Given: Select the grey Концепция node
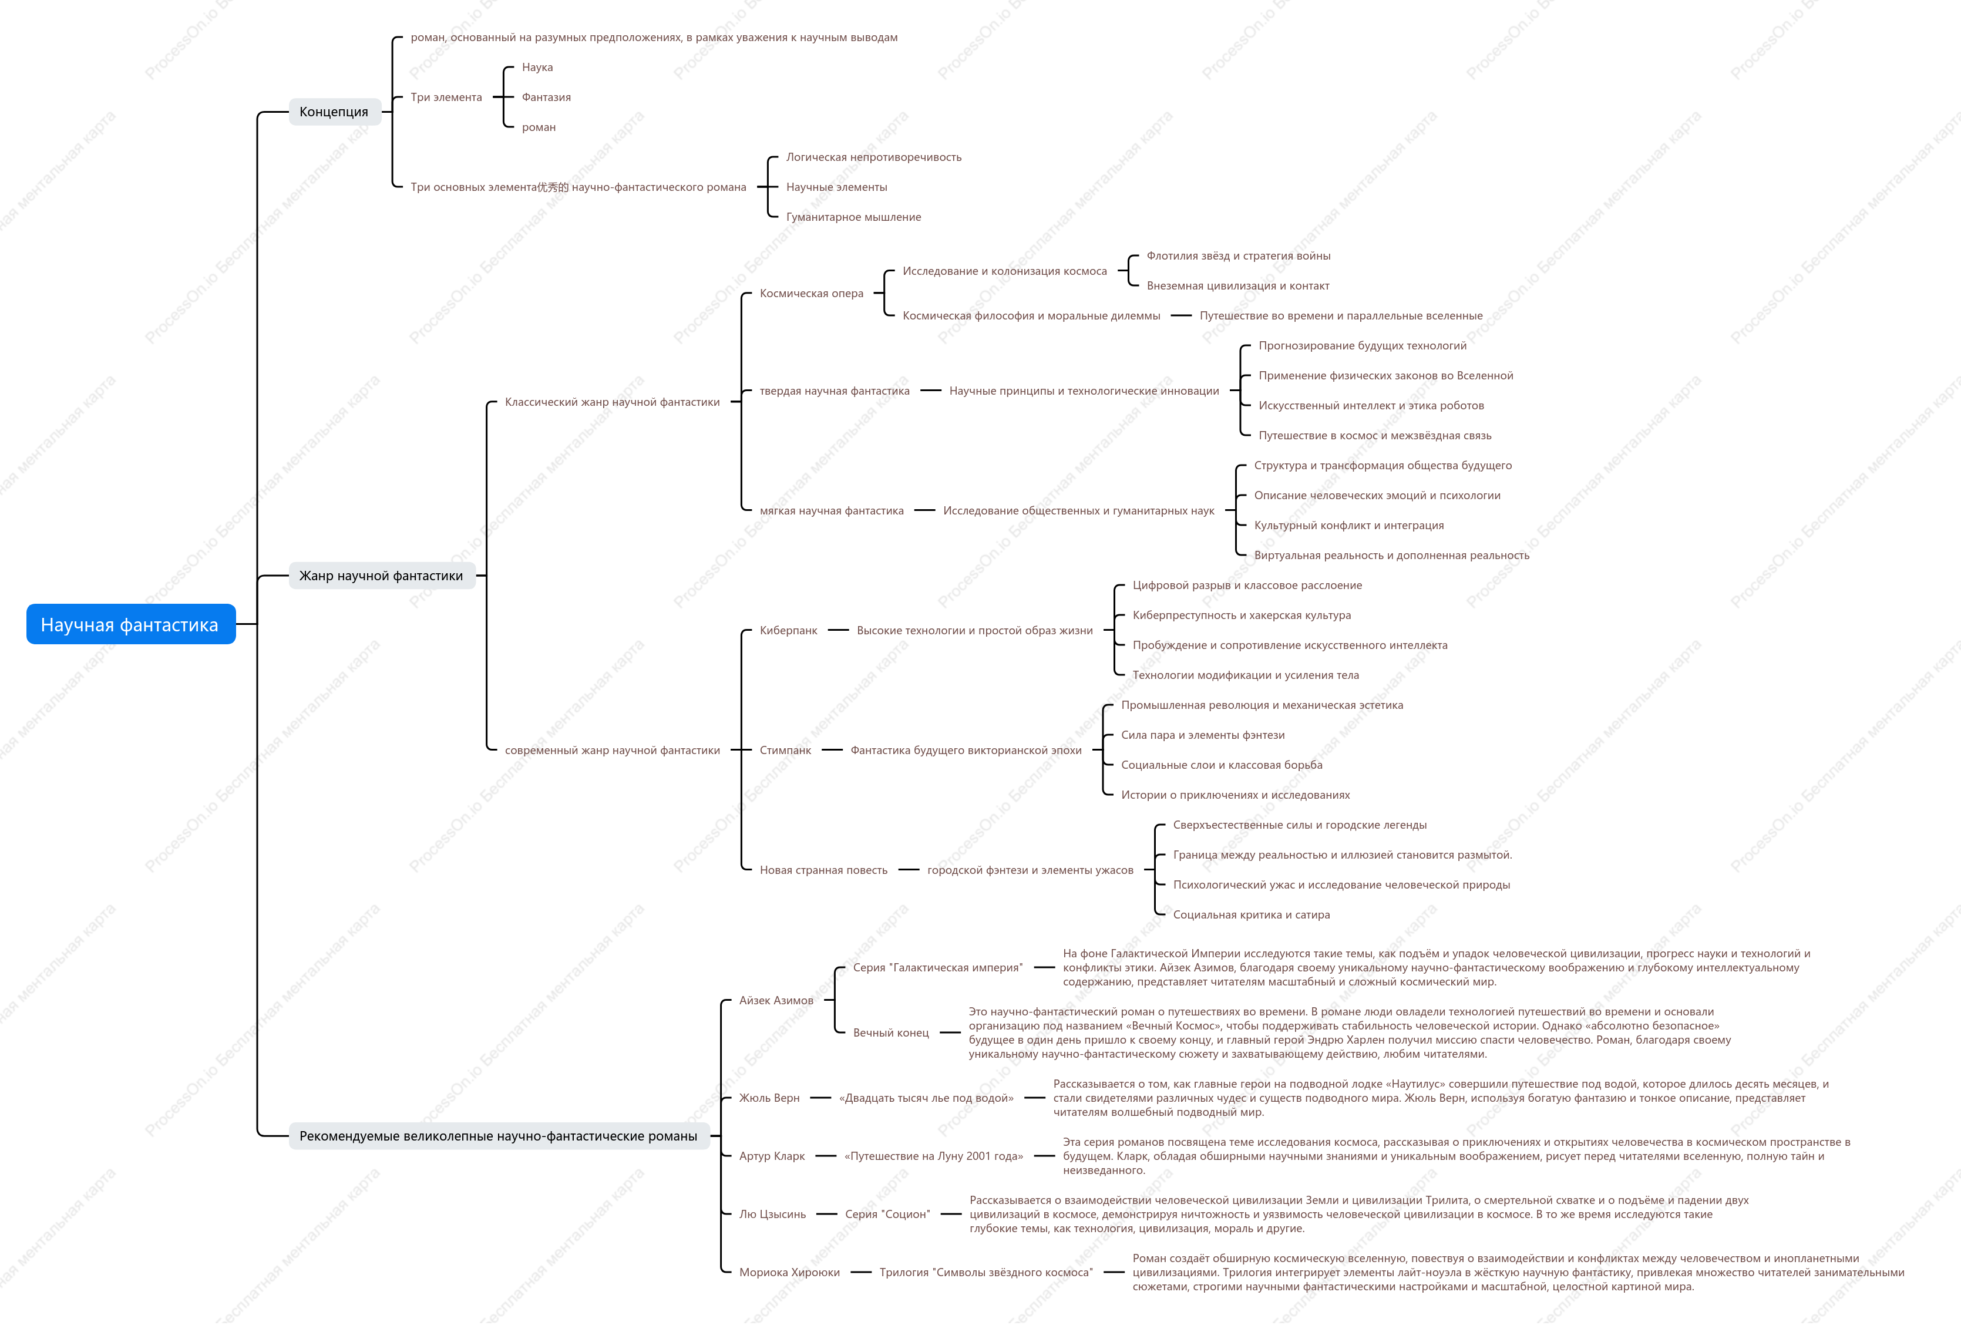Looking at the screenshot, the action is point(334,112).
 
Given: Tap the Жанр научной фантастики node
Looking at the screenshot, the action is point(381,576).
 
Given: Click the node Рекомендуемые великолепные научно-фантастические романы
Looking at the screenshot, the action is point(499,1135).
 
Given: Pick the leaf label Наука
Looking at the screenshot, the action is point(537,68).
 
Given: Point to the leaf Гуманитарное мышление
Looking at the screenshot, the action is point(854,217).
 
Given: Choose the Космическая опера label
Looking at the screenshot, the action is point(812,294).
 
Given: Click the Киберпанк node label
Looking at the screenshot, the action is point(788,630).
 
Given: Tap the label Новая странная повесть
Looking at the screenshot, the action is point(823,870).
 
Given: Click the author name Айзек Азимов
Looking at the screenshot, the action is point(776,1001).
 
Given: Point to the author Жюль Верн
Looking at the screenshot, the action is point(769,1098).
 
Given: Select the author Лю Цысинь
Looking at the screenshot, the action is point(773,1214).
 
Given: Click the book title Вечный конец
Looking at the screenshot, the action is point(891,1032).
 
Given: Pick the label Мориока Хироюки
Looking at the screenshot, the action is point(790,1272).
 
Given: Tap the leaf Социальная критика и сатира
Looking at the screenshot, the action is point(1252,914).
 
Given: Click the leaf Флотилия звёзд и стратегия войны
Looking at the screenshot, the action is point(1239,255).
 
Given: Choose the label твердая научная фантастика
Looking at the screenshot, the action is point(835,391).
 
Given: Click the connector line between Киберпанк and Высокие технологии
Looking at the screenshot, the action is point(838,630).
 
